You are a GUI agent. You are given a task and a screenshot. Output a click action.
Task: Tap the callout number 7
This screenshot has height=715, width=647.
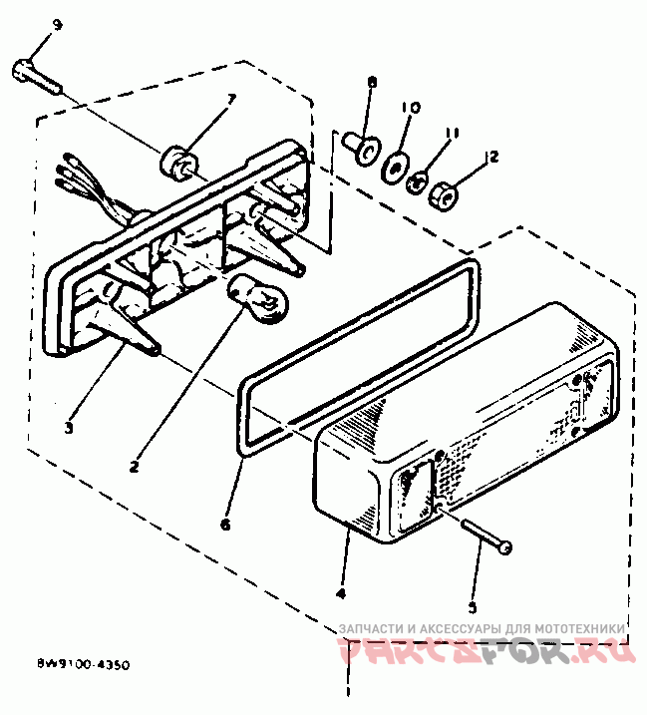230,98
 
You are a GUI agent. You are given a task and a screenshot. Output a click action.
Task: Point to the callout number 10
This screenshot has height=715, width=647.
410,107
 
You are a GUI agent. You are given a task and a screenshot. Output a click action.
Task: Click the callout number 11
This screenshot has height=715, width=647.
451,133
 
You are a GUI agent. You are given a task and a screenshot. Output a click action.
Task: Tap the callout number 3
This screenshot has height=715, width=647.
68,428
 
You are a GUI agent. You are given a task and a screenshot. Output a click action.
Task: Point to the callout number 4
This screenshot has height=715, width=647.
342,593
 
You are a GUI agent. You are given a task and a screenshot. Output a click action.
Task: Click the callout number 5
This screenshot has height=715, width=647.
474,604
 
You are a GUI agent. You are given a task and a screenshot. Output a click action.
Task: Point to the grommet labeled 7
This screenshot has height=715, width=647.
178,160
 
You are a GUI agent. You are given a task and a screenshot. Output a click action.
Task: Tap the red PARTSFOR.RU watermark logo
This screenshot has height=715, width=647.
485,653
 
